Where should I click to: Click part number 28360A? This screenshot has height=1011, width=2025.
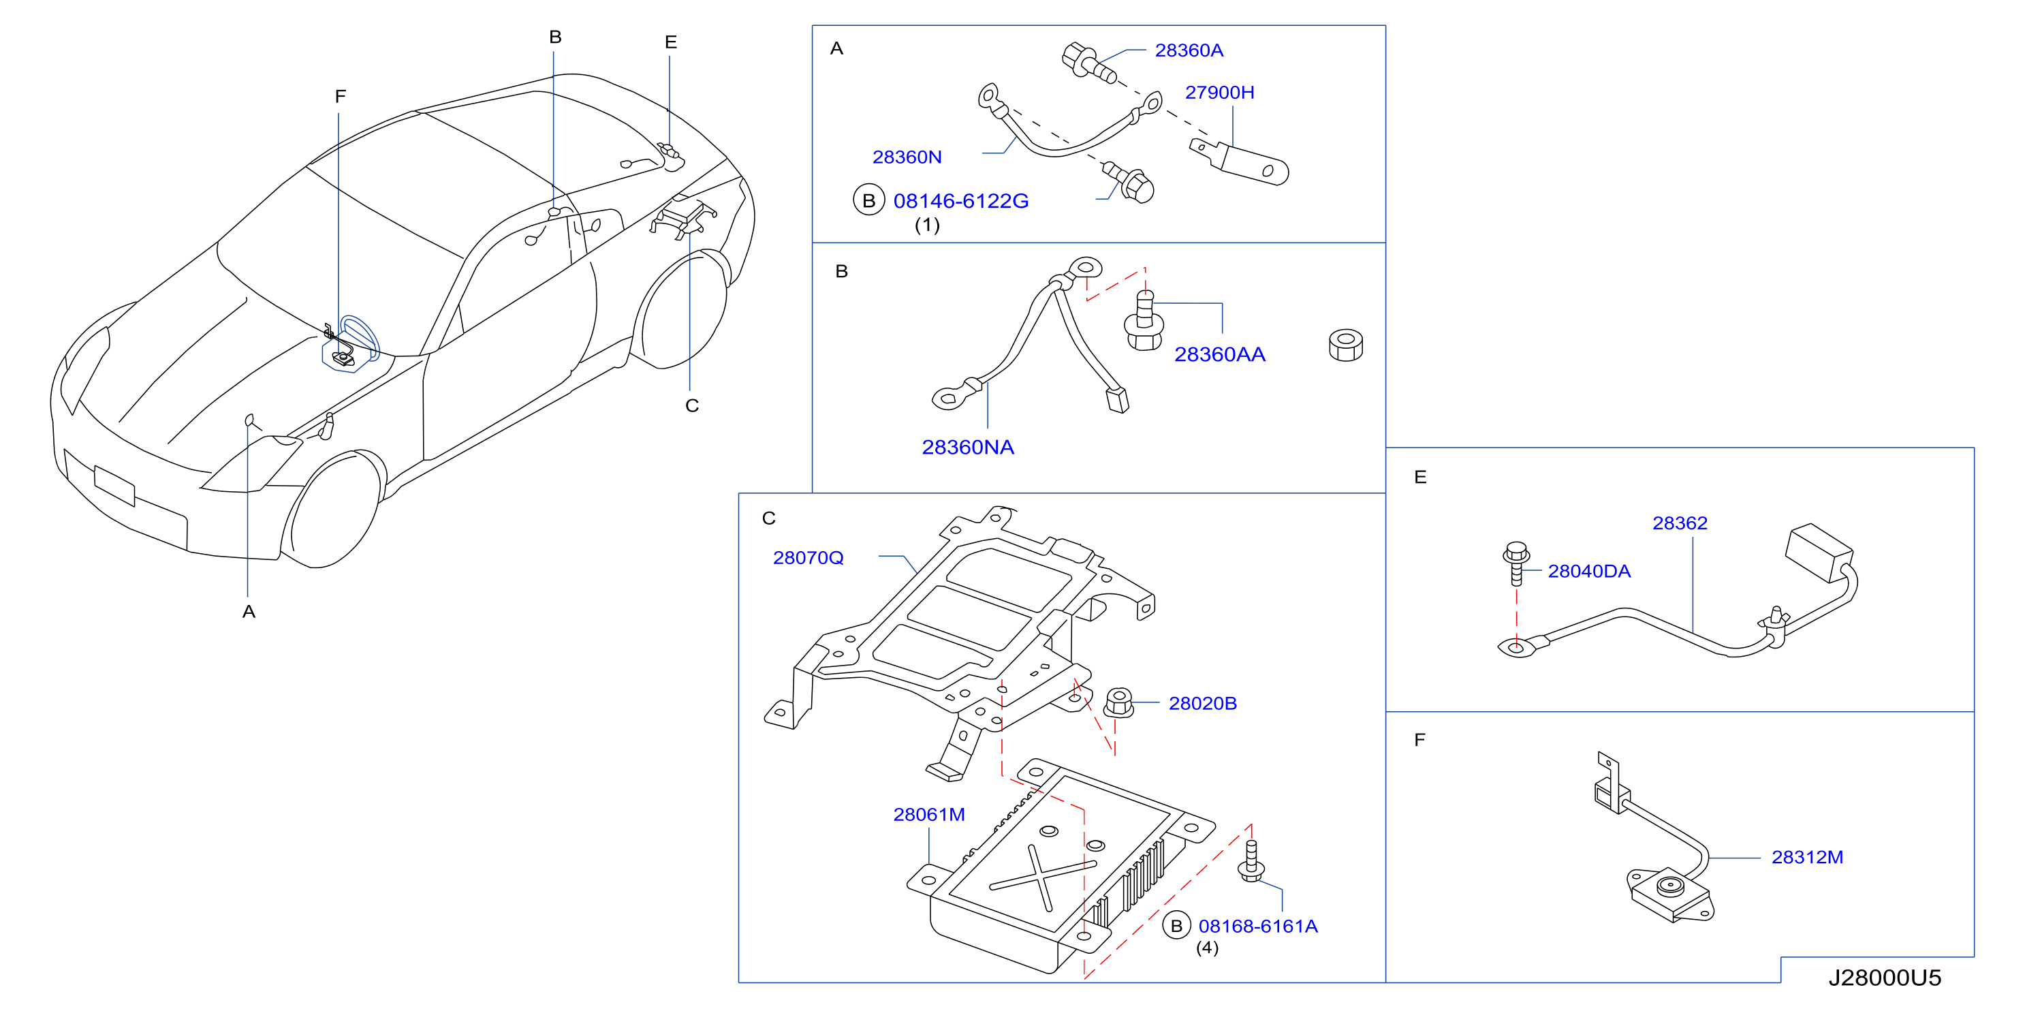coord(1189,50)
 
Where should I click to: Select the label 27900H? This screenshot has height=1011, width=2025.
coord(1219,93)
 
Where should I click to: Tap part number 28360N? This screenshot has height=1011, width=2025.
coord(907,157)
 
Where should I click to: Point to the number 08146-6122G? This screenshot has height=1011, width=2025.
coord(960,201)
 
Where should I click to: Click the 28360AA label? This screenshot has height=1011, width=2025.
coord(1219,354)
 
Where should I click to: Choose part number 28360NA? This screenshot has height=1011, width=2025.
coord(968,448)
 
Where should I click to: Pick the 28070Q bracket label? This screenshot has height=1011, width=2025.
coord(808,558)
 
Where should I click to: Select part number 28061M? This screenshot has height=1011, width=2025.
coord(929,815)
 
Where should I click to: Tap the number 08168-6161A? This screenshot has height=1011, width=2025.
coord(1258,926)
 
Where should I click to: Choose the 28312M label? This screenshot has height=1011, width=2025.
coord(1807,857)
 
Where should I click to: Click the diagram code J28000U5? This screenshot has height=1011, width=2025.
coord(1884,978)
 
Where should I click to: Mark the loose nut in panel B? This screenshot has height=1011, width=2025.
coord(1346,346)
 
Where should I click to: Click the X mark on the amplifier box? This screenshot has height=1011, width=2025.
coord(1042,878)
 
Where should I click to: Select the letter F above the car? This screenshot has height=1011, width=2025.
coord(341,97)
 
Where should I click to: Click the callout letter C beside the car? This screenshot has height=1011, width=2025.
coord(692,405)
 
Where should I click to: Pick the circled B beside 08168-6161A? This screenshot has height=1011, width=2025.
coord(1176,926)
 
